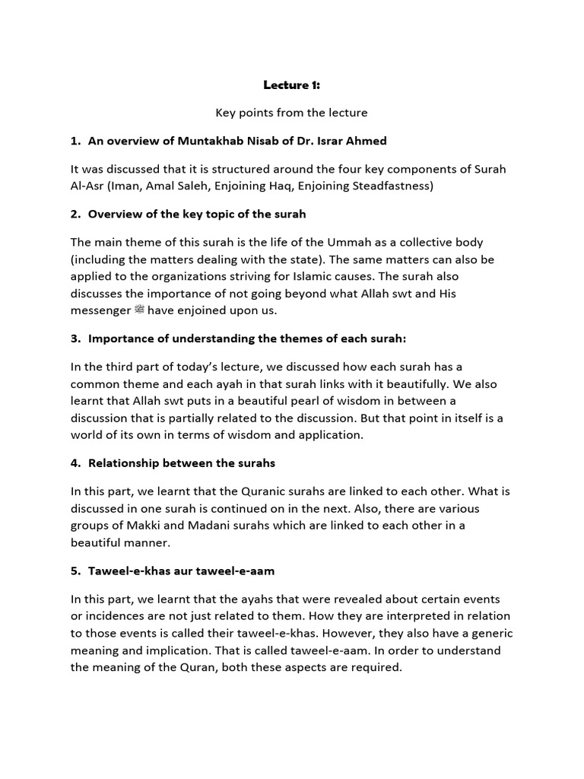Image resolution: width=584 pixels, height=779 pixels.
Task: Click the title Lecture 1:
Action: click(291, 85)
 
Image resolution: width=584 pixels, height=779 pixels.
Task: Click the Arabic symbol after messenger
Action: click(138, 310)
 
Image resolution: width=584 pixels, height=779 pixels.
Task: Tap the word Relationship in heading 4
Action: click(125, 462)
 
